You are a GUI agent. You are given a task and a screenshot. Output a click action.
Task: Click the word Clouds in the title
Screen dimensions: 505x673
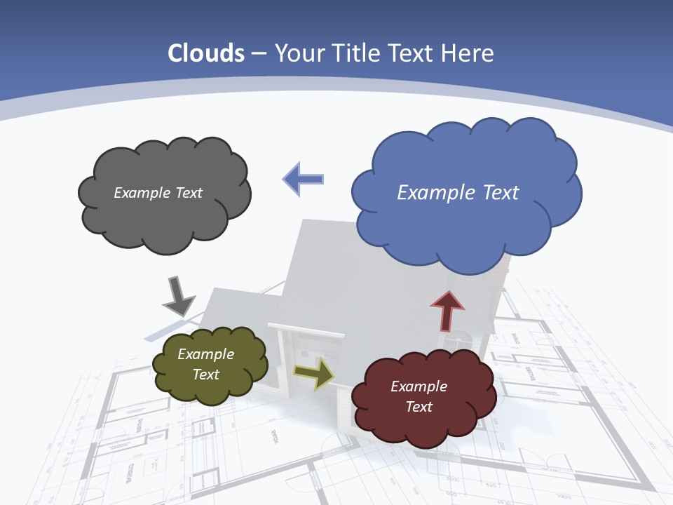coord(206,53)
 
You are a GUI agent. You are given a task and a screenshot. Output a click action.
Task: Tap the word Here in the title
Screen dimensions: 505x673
coord(470,53)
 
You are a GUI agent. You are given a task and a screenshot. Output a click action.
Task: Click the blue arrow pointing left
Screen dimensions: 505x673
coord(303,179)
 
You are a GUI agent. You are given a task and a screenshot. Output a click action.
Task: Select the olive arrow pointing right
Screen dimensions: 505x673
coord(314,373)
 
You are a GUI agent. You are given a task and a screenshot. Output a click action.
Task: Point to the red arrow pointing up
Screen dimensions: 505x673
coord(447,309)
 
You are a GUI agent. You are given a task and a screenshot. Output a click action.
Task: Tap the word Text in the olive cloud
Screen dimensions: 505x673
coord(206,375)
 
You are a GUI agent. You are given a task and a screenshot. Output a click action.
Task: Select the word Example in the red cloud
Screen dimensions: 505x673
coord(419,386)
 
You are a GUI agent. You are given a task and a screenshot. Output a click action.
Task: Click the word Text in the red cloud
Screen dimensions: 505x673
coord(419,407)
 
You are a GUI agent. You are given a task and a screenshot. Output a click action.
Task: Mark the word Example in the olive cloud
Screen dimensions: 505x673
coord(206,354)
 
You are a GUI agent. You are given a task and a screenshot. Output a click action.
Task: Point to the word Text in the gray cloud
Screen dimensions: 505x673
coord(188,193)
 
